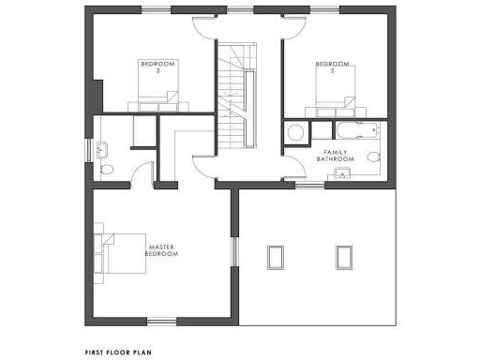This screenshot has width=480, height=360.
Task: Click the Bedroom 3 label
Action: point(150,67)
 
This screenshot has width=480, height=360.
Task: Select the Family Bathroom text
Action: point(336,155)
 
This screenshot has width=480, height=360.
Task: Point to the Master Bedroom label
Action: point(161,250)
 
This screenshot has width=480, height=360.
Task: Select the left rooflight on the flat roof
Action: point(276,256)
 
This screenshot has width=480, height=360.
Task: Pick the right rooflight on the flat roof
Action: point(342,256)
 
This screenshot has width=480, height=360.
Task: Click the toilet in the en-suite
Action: point(106,170)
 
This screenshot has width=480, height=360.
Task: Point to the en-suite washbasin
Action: point(104,148)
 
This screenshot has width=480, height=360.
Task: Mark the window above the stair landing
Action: point(240,10)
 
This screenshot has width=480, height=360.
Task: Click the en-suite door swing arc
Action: point(142,173)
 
